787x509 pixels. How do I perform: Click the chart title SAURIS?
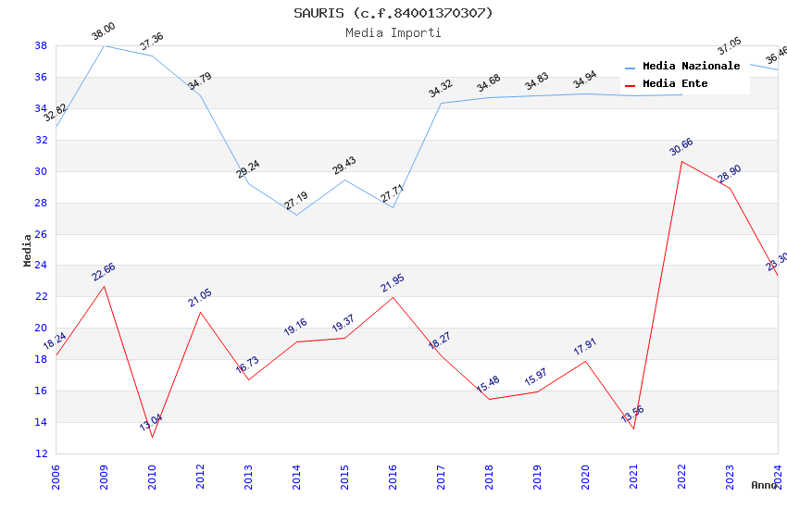(x=393, y=13)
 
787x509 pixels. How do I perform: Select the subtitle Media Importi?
(x=393, y=32)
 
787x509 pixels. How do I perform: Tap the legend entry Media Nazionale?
(x=691, y=67)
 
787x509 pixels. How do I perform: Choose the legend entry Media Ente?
(x=674, y=84)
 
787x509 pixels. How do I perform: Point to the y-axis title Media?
(x=28, y=250)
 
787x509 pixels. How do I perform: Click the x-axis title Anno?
(x=764, y=485)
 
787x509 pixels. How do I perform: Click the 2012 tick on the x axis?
(x=200, y=476)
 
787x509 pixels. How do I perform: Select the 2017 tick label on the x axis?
(x=441, y=476)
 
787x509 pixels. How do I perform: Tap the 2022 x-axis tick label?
(x=681, y=476)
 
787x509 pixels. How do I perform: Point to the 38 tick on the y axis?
(x=41, y=45)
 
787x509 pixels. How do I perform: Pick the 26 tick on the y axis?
(x=41, y=234)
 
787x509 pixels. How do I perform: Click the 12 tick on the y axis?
(x=41, y=453)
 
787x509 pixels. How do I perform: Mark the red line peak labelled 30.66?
(x=681, y=161)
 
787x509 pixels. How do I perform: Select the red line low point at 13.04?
(x=152, y=437)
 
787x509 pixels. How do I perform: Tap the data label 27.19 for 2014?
(x=296, y=200)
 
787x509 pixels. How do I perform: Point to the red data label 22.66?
(x=103, y=271)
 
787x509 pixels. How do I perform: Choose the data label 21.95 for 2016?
(x=393, y=283)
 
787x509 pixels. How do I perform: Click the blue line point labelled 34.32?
(x=441, y=103)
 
